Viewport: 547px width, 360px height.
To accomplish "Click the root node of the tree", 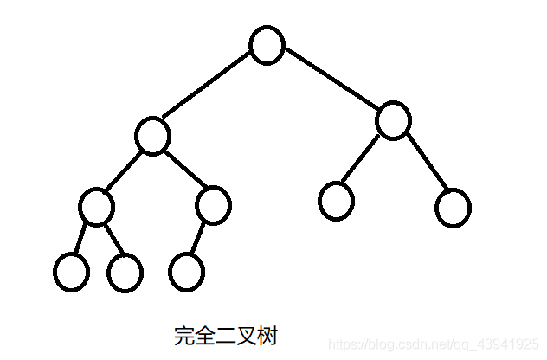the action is (x=267, y=46).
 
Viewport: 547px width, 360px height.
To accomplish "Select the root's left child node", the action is (x=152, y=137).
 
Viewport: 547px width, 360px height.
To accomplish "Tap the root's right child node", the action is (x=392, y=121).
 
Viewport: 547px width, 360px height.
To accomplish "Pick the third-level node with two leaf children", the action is (x=95, y=205).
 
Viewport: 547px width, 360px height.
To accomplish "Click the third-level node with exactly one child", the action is (x=212, y=205).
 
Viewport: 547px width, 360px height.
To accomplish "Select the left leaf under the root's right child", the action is (x=336, y=201).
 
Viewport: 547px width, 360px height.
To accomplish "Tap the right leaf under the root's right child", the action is (x=453, y=208).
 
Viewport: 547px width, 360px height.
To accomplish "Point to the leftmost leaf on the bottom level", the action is (x=70, y=273).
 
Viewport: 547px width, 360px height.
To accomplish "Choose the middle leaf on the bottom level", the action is (x=125, y=273).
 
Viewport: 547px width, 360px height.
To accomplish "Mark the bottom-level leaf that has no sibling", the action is (x=187, y=273).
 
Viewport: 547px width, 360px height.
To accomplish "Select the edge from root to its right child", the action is (x=331, y=80).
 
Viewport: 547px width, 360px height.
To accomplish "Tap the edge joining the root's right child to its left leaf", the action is (x=363, y=160).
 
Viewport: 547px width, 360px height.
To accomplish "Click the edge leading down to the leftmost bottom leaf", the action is (x=82, y=238).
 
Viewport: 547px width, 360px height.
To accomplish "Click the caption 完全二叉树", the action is (x=225, y=336).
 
